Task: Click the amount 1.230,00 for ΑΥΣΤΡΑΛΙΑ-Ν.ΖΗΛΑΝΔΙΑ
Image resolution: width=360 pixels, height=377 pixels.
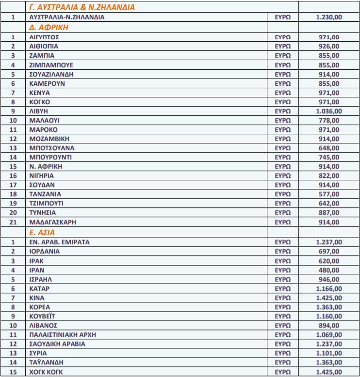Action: pyautogui.click(x=328, y=17)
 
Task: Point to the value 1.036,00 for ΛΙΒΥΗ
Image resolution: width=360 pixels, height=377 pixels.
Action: pyautogui.click(x=328, y=111)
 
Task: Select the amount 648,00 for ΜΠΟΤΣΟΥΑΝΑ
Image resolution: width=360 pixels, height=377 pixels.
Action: pyautogui.click(x=328, y=148)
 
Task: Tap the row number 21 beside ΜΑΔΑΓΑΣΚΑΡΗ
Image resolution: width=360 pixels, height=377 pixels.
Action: pyautogui.click(x=13, y=222)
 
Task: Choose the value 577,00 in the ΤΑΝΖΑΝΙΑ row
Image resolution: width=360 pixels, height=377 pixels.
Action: pyautogui.click(x=328, y=194)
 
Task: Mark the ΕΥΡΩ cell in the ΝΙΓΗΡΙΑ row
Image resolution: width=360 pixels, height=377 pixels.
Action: pyautogui.click(x=282, y=176)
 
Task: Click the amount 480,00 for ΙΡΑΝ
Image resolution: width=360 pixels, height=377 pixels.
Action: pyautogui.click(x=328, y=269)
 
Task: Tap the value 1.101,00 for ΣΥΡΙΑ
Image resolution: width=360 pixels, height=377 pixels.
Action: pyautogui.click(x=328, y=353)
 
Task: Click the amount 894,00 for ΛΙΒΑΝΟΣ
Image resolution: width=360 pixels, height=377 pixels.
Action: pyautogui.click(x=328, y=325)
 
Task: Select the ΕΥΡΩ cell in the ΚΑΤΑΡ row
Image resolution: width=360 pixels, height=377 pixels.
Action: pyautogui.click(x=282, y=288)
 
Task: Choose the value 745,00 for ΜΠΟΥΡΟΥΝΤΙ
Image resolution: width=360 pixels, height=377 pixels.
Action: pyautogui.click(x=328, y=157)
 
